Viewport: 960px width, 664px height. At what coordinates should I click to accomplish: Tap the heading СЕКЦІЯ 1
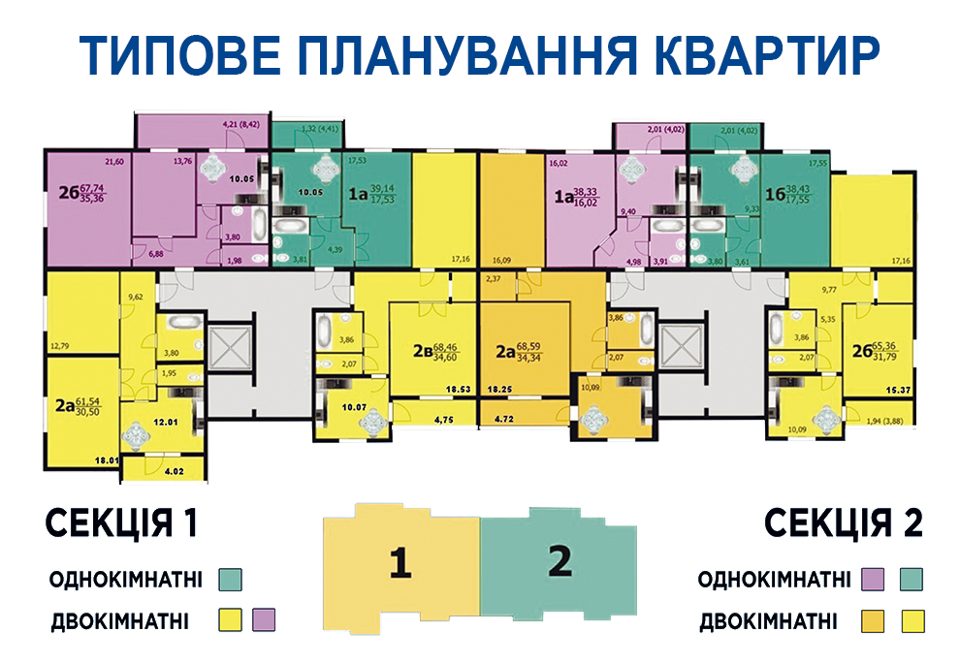pos(121,523)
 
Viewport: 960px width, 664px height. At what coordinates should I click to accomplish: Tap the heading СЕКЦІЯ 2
pos(844,523)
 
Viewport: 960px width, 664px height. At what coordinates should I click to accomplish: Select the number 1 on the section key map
pos(400,562)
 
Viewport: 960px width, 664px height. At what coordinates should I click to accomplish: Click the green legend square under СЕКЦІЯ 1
pos(230,580)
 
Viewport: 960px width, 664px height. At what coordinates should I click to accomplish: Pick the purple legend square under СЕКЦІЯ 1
pos(264,618)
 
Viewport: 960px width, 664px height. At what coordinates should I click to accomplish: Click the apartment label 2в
pos(421,351)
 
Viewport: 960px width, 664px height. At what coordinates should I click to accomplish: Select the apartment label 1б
pos(775,194)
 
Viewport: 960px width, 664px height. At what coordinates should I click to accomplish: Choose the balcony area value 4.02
pos(174,472)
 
